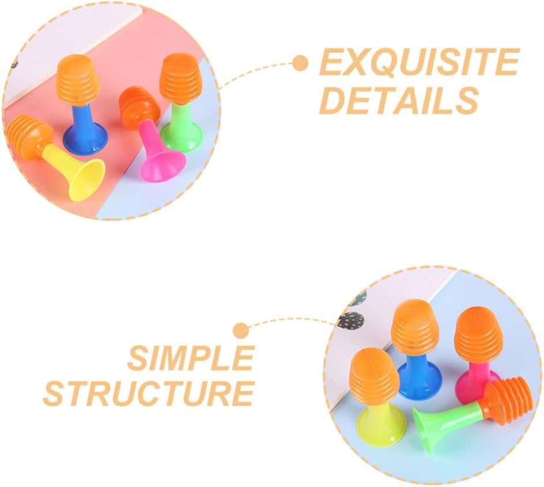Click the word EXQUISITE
[x=419, y=62]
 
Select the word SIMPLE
[x=191, y=358]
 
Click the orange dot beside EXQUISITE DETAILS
[x=300, y=63]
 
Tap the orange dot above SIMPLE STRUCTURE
[x=241, y=330]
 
